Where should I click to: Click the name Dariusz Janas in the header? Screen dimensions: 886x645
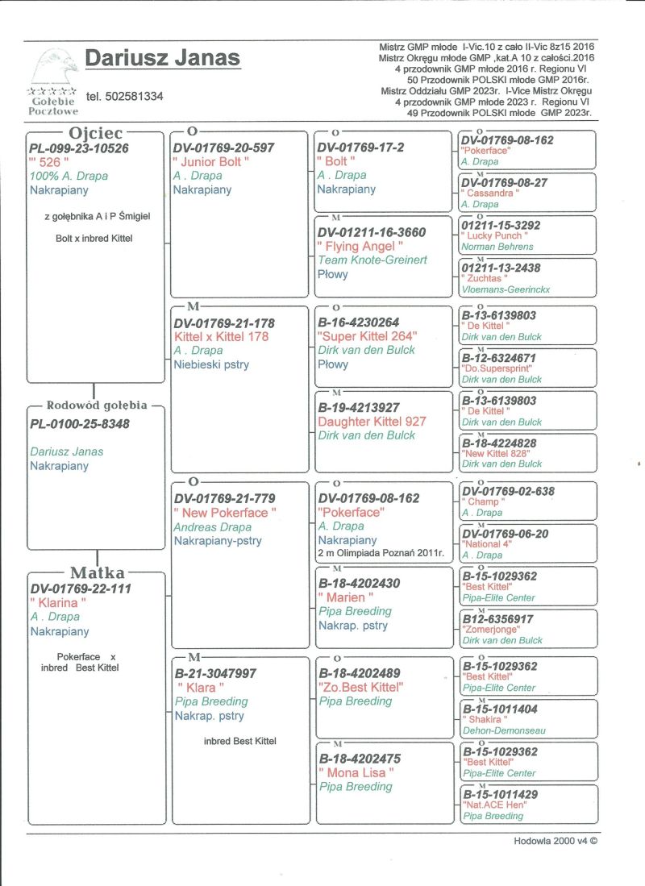click(x=162, y=59)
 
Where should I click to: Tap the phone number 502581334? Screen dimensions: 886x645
click(x=124, y=96)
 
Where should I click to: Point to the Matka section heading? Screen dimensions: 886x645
click(x=98, y=573)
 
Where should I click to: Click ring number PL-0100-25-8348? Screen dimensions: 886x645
click(x=80, y=424)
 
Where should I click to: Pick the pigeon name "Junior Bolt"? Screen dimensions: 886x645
click(x=211, y=161)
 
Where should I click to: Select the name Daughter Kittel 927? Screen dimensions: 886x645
click(x=372, y=422)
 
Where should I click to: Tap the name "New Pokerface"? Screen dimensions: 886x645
click(x=225, y=513)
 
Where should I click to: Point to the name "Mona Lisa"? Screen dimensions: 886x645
click(x=356, y=772)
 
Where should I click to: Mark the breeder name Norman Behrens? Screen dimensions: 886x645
click(x=497, y=247)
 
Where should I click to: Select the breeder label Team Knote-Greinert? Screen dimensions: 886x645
click(x=372, y=260)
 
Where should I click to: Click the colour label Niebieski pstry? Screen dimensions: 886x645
click(x=211, y=364)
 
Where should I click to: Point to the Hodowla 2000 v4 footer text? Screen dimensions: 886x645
click(x=556, y=840)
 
